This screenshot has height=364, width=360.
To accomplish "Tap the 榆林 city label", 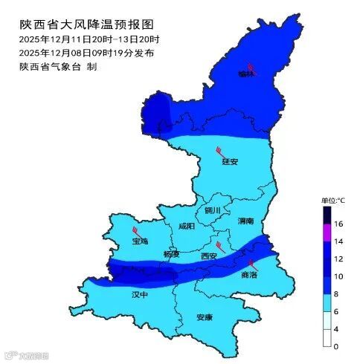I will point(257,74).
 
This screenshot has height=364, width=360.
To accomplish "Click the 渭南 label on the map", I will point(245,221).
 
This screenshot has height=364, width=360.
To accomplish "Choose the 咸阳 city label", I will point(187,226).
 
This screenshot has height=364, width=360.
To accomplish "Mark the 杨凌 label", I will point(172,254).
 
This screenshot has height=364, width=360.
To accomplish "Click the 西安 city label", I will point(209,256).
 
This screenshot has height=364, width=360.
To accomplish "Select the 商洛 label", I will point(250,274).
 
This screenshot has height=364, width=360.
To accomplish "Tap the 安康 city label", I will point(205,317).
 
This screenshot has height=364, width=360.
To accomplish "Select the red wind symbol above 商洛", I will point(251,264).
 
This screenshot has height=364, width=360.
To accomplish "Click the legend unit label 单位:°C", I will point(333,201).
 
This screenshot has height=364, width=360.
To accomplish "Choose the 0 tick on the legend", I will point(336,346).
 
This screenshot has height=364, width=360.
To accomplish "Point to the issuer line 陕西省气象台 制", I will point(59,66).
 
